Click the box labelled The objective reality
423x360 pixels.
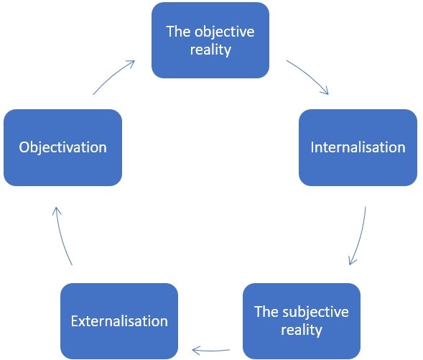pos(210,40)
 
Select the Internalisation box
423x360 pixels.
pos(358,147)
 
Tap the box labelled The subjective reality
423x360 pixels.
pos(302,321)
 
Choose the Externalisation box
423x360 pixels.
pos(119,321)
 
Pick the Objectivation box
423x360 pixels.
pos(63,147)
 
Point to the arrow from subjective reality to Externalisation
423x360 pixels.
pos(211,351)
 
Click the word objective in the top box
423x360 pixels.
pos(225,32)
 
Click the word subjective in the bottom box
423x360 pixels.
pos(315,313)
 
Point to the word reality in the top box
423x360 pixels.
pos(210,50)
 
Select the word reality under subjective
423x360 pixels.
pos(302,330)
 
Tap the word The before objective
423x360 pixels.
pos(179,32)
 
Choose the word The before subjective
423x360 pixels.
pos(266,311)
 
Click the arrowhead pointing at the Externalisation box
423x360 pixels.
pos(195,351)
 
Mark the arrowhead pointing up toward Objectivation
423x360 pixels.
pos(57,211)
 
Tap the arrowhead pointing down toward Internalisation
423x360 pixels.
pos(325,91)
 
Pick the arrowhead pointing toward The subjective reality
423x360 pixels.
pos(352,261)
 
